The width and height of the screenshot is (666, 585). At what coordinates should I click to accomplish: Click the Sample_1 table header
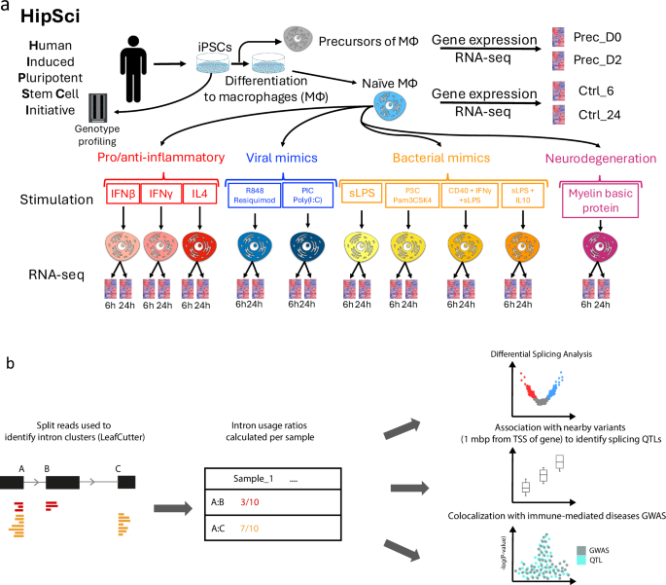[258, 479]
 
